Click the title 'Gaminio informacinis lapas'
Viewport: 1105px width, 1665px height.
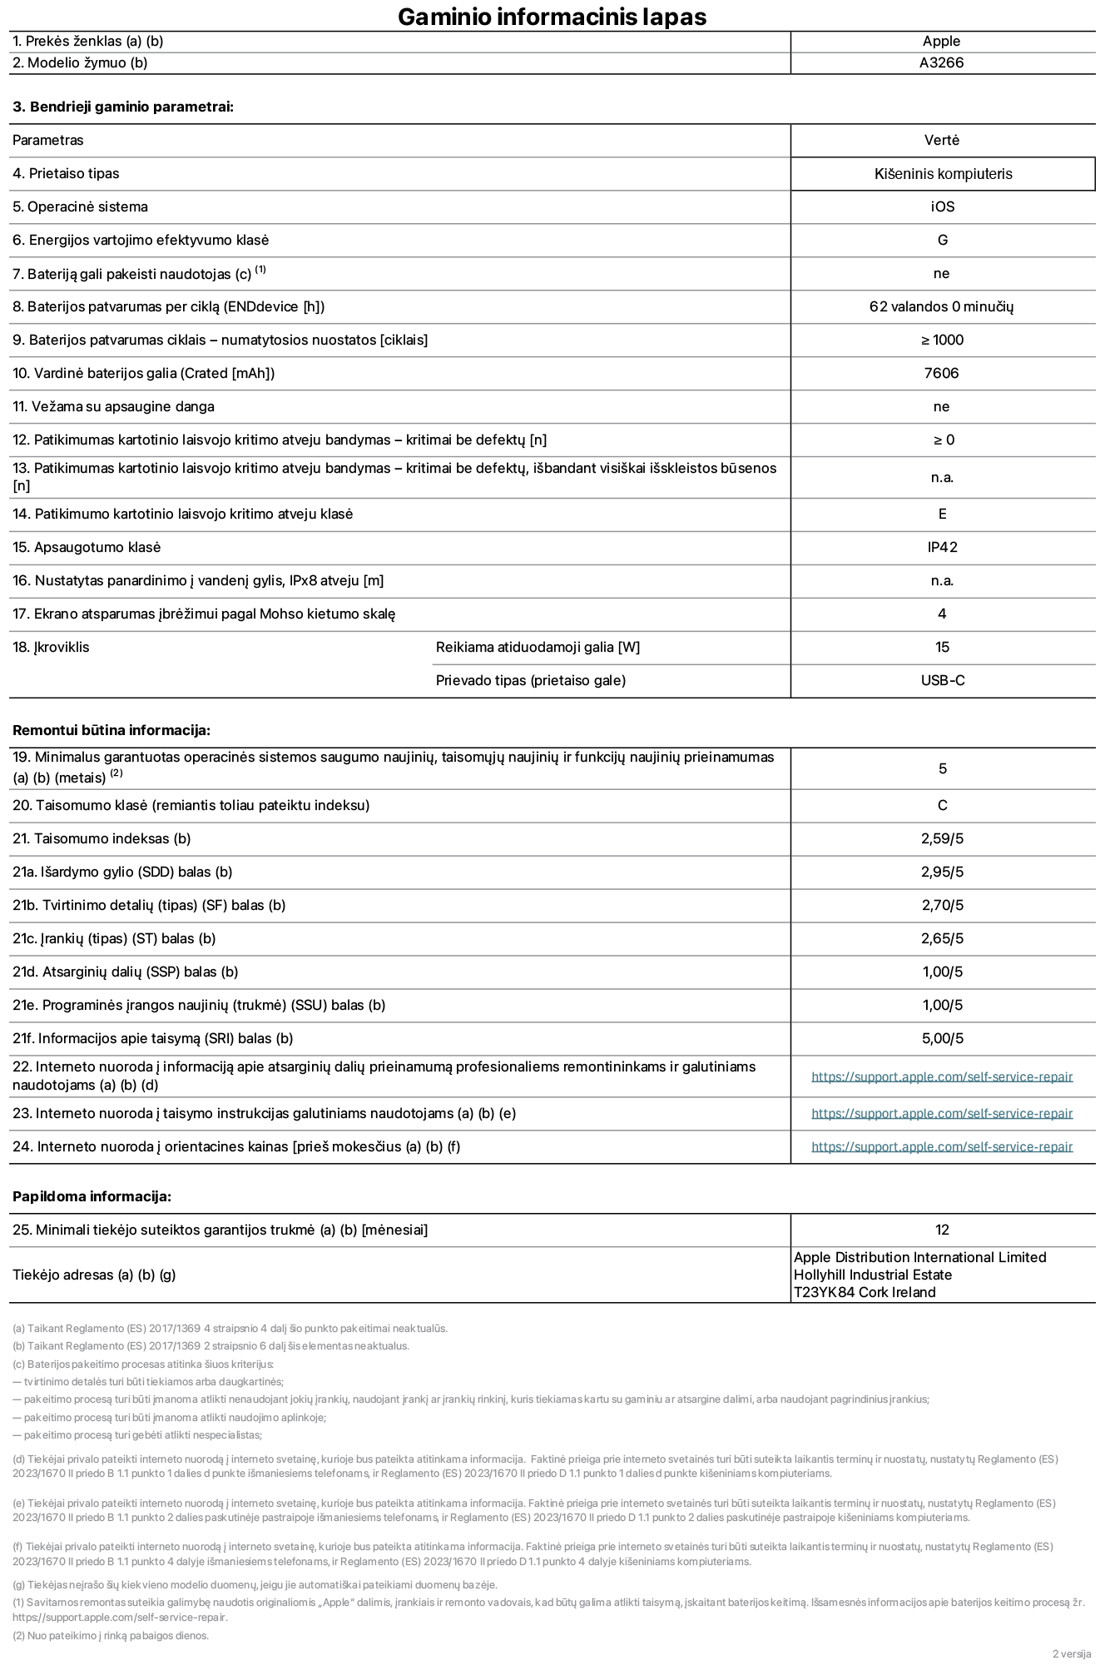[552, 17]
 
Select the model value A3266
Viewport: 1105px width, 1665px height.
[941, 62]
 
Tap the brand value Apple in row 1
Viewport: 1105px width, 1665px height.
[941, 41]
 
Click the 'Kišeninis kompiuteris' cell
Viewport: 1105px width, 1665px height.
[943, 174]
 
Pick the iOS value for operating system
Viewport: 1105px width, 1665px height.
[942, 206]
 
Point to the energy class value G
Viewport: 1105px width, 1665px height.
[942, 240]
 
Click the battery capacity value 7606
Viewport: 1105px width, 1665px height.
[941, 373]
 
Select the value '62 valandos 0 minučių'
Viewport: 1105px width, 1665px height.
[941, 306]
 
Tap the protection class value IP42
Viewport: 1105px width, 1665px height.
[942, 547]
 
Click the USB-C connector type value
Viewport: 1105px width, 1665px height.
[942, 680]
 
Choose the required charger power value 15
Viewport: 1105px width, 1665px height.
[942, 647]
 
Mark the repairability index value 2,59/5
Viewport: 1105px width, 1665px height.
[942, 838]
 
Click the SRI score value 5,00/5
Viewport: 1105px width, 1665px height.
[942, 1038]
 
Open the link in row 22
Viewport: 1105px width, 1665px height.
[941, 1076]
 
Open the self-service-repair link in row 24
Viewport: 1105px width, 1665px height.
[941, 1146]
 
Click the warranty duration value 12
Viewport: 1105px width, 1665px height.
[942, 1230]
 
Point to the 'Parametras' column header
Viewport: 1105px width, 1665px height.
[48, 140]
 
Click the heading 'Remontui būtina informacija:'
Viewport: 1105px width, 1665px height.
[111, 730]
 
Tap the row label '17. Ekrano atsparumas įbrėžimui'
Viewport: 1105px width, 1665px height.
[204, 614]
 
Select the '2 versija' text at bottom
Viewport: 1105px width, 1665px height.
[1071, 1653]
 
